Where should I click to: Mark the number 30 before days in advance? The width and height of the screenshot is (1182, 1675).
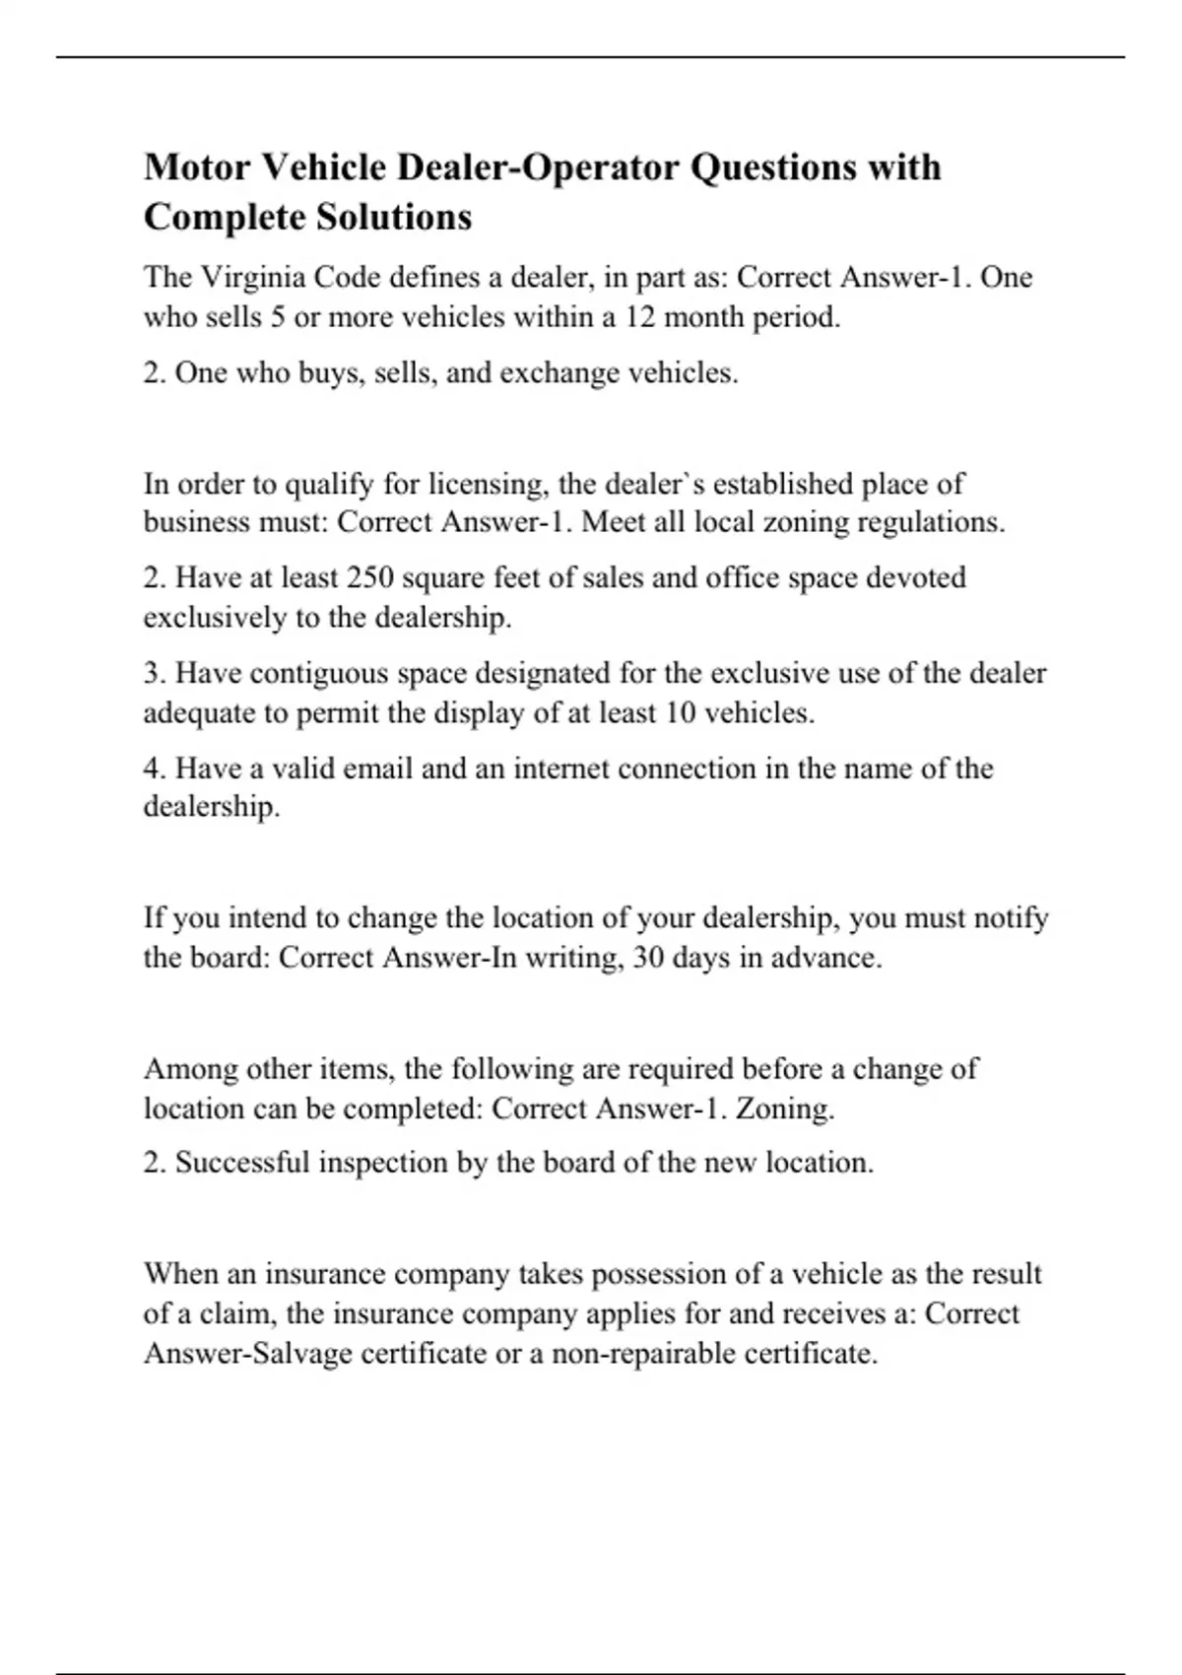(648, 958)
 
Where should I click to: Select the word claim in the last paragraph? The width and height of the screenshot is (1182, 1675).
(228, 1313)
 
